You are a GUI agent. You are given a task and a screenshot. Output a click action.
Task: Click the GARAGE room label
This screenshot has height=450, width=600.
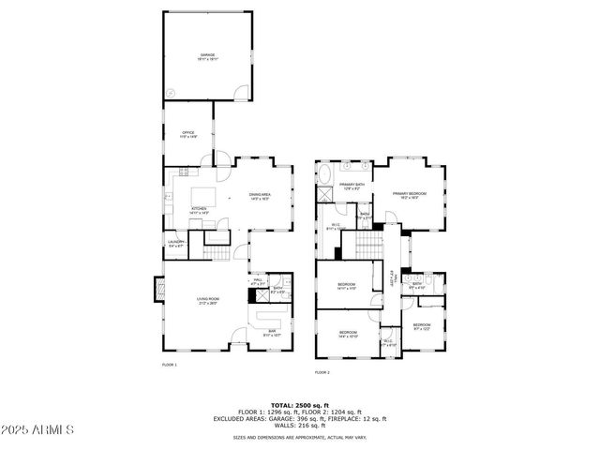[207, 56]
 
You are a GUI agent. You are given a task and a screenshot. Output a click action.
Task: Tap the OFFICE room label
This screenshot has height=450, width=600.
[187, 134]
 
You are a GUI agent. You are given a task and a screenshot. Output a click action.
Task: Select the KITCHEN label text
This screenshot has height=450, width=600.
[199, 210]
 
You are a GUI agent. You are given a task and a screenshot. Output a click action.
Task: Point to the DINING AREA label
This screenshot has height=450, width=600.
[260, 196]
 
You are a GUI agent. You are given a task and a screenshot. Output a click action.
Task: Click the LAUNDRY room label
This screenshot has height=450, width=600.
[175, 246]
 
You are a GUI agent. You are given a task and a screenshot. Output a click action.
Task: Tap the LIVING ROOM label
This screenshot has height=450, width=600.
[207, 301]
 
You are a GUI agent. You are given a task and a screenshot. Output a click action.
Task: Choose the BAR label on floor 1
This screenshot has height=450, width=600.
[273, 332]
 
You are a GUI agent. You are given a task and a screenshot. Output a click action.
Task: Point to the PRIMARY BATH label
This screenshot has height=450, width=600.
[352, 186]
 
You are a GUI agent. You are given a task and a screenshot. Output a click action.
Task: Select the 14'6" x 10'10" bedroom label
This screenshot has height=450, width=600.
[348, 334]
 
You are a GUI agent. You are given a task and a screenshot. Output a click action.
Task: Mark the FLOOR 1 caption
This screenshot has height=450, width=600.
[169, 365]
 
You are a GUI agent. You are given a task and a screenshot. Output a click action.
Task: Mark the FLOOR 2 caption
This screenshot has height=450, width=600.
[322, 372]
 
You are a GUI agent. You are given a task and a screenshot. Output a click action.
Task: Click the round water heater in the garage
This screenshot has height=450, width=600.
[172, 92]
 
